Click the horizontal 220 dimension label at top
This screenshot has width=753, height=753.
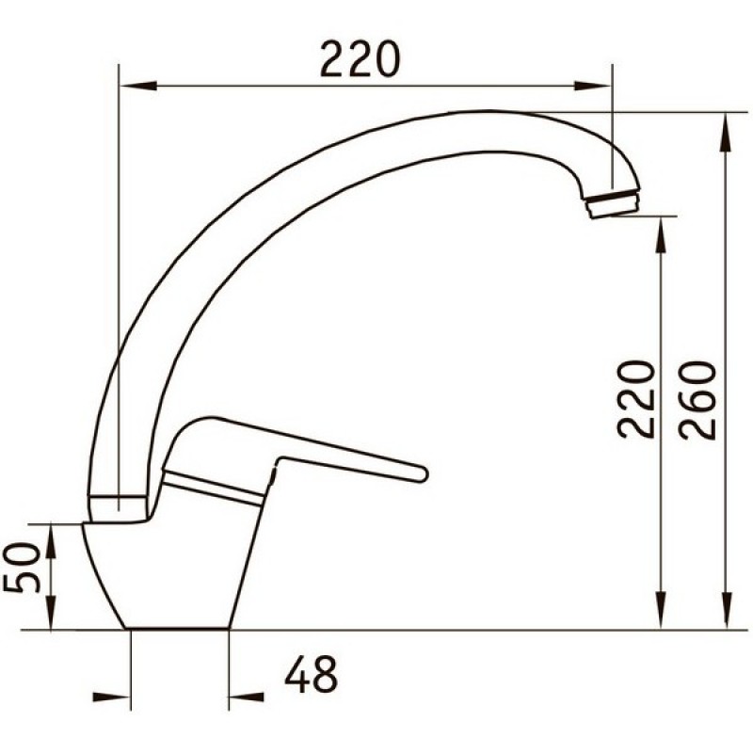[x=360, y=59]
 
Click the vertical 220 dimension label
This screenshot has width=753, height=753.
[x=636, y=399]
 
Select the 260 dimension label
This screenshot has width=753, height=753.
[x=697, y=400]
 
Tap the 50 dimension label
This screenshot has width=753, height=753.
[x=22, y=569]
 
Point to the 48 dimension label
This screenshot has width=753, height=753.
[x=312, y=675]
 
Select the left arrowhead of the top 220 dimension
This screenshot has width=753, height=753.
[x=138, y=86]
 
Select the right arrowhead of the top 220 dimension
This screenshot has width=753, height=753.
[x=593, y=86]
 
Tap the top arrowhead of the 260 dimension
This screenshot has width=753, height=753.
[x=727, y=133]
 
